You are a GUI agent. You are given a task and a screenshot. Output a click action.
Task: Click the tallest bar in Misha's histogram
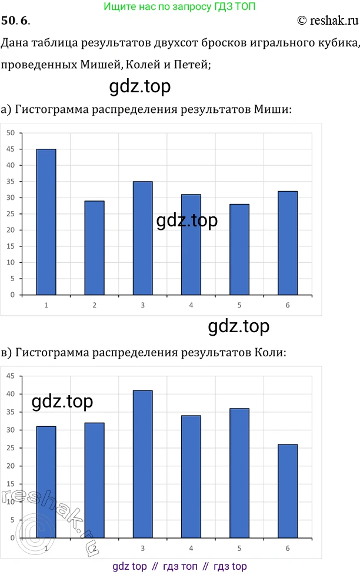point(46,222)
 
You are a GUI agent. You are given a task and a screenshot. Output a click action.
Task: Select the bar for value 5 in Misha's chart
point(239,249)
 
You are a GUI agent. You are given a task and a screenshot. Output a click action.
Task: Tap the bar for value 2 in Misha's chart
point(95,248)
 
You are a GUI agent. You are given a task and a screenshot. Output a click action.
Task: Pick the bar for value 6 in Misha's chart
point(288,243)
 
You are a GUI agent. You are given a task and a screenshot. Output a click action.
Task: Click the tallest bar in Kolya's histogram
point(143,464)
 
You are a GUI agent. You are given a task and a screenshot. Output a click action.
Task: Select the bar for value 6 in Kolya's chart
point(288,491)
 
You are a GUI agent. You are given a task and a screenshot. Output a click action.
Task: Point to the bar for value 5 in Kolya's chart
point(239,473)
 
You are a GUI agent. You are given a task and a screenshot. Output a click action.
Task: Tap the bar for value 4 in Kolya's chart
point(191,476)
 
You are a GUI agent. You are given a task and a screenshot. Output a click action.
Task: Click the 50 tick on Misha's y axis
point(10,133)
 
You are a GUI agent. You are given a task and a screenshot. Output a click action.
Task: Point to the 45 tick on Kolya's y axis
point(10,376)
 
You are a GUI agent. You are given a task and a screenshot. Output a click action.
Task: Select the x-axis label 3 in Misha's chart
point(142,305)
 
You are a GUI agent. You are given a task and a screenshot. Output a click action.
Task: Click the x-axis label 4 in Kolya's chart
point(191,548)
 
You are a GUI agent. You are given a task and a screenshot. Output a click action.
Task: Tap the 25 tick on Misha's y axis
point(10,214)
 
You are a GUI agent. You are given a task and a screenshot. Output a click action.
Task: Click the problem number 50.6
point(16,21)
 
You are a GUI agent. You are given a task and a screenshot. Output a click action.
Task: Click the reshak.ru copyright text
point(328,21)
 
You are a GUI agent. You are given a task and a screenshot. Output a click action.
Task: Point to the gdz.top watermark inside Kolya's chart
point(62,402)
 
